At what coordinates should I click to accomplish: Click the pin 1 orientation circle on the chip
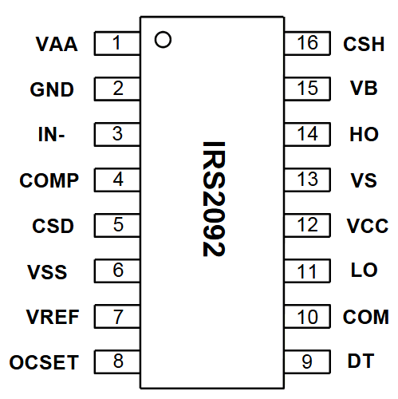click(x=163, y=40)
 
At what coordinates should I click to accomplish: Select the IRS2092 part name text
click(x=213, y=199)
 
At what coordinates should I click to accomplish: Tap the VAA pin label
click(x=57, y=44)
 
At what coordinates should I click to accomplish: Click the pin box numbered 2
click(x=118, y=89)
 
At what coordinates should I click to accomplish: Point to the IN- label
click(x=51, y=135)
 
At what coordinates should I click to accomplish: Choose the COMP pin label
click(x=49, y=180)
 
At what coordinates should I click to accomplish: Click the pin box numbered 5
click(x=118, y=225)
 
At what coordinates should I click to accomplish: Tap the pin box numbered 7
click(x=118, y=316)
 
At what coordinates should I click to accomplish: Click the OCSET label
click(x=45, y=363)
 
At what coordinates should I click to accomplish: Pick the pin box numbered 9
click(x=307, y=361)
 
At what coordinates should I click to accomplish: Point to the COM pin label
click(x=365, y=317)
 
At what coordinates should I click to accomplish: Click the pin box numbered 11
click(x=307, y=271)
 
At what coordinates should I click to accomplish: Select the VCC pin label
click(x=367, y=226)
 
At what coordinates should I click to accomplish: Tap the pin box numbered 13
click(x=307, y=180)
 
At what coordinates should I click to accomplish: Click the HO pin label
click(x=364, y=135)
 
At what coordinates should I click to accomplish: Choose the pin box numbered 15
click(x=307, y=89)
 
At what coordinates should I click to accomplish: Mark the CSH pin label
click(x=364, y=44)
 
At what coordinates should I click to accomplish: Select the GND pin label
click(x=52, y=89)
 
